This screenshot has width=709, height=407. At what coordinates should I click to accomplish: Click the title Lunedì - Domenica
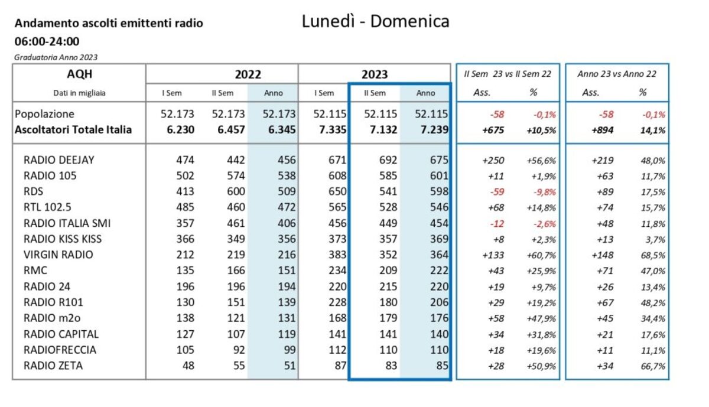pyautogui.click(x=375, y=21)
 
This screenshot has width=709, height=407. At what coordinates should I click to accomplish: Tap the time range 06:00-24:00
pyautogui.click(x=47, y=41)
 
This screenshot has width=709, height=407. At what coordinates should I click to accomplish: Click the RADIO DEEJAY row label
pyautogui.click(x=58, y=159)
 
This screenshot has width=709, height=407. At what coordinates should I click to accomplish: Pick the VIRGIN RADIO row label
pyautogui.click(x=58, y=255)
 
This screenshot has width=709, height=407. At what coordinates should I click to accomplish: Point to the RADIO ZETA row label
pyautogui.click(x=53, y=366)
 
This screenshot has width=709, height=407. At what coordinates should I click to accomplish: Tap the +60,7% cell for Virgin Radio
pyautogui.click(x=542, y=255)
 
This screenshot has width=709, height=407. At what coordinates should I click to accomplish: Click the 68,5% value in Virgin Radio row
pyautogui.click(x=654, y=255)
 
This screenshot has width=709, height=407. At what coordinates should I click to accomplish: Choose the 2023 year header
pyautogui.click(x=375, y=74)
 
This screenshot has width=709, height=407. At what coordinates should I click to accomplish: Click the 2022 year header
pyautogui.click(x=248, y=74)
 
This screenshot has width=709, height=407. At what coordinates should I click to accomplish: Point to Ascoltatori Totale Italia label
pyautogui.click(x=73, y=130)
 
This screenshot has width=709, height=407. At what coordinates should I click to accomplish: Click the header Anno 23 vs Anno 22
pyautogui.click(x=617, y=74)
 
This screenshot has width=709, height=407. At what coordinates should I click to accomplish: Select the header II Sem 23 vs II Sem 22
pyautogui.click(x=507, y=74)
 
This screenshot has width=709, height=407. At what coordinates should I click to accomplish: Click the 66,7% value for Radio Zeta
pyautogui.click(x=654, y=366)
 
